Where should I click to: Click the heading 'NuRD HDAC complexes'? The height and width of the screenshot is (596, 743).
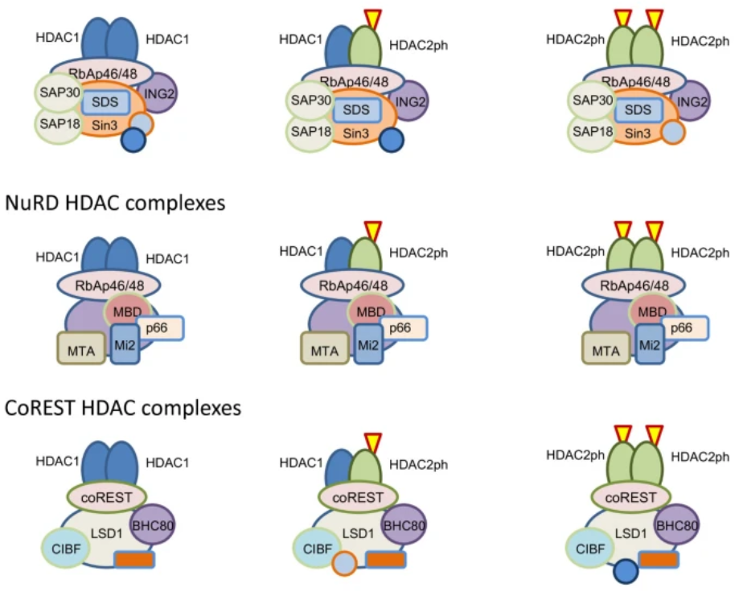click(114, 203)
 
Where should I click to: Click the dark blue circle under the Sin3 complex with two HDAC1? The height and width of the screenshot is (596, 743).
click(133, 141)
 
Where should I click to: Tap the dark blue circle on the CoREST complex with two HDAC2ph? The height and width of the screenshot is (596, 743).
click(624, 573)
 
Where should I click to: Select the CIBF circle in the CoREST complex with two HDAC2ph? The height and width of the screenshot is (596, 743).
click(590, 548)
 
